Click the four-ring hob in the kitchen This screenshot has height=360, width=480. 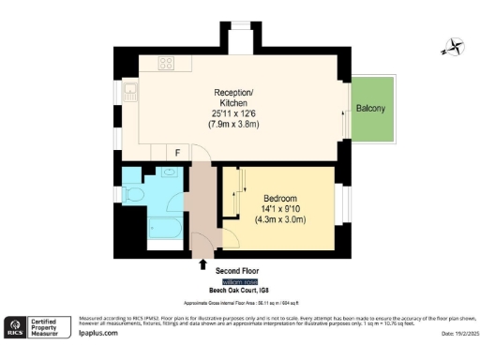click(x=167, y=64)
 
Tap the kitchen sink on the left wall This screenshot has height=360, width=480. click(x=130, y=93)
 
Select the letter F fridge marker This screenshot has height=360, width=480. click(x=178, y=153)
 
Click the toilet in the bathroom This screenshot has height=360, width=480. click(x=136, y=193)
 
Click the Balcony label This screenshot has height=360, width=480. click(x=370, y=109)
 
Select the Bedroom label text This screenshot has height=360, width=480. click(x=280, y=199)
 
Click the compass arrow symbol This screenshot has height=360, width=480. click(x=452, y=45)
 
